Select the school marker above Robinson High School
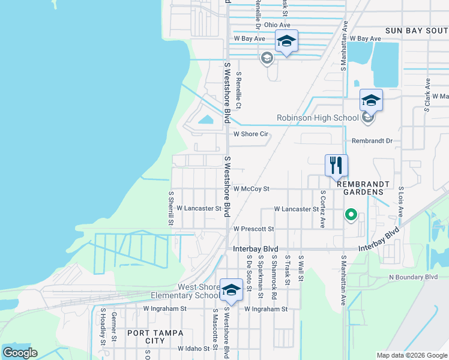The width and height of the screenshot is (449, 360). point(371,100)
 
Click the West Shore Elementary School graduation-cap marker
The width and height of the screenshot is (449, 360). point(231,290)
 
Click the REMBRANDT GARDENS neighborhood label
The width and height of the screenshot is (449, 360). point(360,188)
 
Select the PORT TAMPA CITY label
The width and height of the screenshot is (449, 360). point(146,336)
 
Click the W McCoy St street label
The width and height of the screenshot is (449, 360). point(252,188)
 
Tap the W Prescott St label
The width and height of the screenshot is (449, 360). point(253,229)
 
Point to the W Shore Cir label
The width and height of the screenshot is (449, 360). point(250,134)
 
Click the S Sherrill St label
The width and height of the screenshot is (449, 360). point(171,209)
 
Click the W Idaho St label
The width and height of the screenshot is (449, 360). point(193,349)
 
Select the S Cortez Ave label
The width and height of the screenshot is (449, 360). point(323,209)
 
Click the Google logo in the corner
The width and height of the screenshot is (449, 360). point(20,353)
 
